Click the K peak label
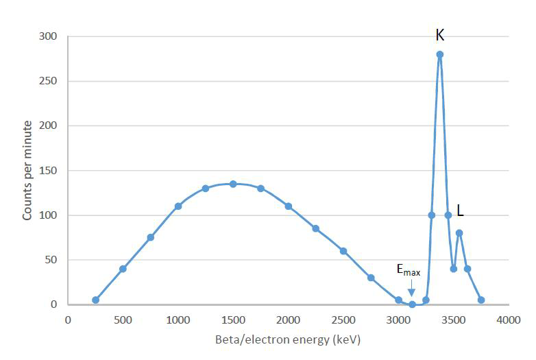440,34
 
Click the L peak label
460,213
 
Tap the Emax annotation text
409,272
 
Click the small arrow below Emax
411,291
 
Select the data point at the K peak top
440,54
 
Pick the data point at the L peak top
459,233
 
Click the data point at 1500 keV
233,184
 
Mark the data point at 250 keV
95,300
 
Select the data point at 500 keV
123,269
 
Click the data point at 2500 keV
343,251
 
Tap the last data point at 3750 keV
481,300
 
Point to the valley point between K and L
454,269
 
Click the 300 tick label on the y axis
51,36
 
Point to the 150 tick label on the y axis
51,171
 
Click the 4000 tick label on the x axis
509,320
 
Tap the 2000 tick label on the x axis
288,320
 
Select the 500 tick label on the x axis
123,320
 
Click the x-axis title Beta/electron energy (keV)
288,339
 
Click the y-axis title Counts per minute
27,170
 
